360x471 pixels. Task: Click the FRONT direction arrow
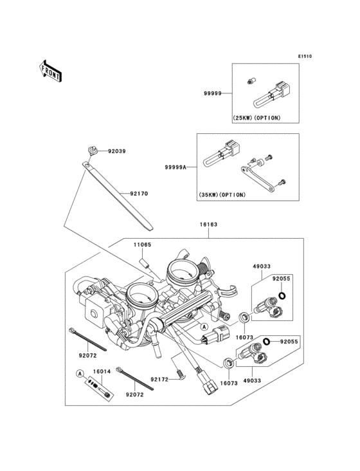(50, 71)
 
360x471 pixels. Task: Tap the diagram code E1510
(305, 56)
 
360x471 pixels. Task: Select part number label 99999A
(175, 167)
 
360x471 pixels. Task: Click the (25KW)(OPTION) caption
(256, 118)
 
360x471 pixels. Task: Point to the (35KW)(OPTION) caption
(222, 195)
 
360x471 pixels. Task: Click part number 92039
(117, 151)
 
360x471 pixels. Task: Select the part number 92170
(139, 194)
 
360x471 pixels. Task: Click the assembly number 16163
(208, 225)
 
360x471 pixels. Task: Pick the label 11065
(142, 245)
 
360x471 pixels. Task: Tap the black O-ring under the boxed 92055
(282, 296)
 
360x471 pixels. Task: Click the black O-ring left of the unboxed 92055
(266, 341)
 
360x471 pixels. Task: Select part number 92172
(159, 380)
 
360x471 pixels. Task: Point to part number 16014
(102, 371)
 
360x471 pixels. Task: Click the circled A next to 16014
(80, 374)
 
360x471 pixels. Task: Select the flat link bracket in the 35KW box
(257, 179)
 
